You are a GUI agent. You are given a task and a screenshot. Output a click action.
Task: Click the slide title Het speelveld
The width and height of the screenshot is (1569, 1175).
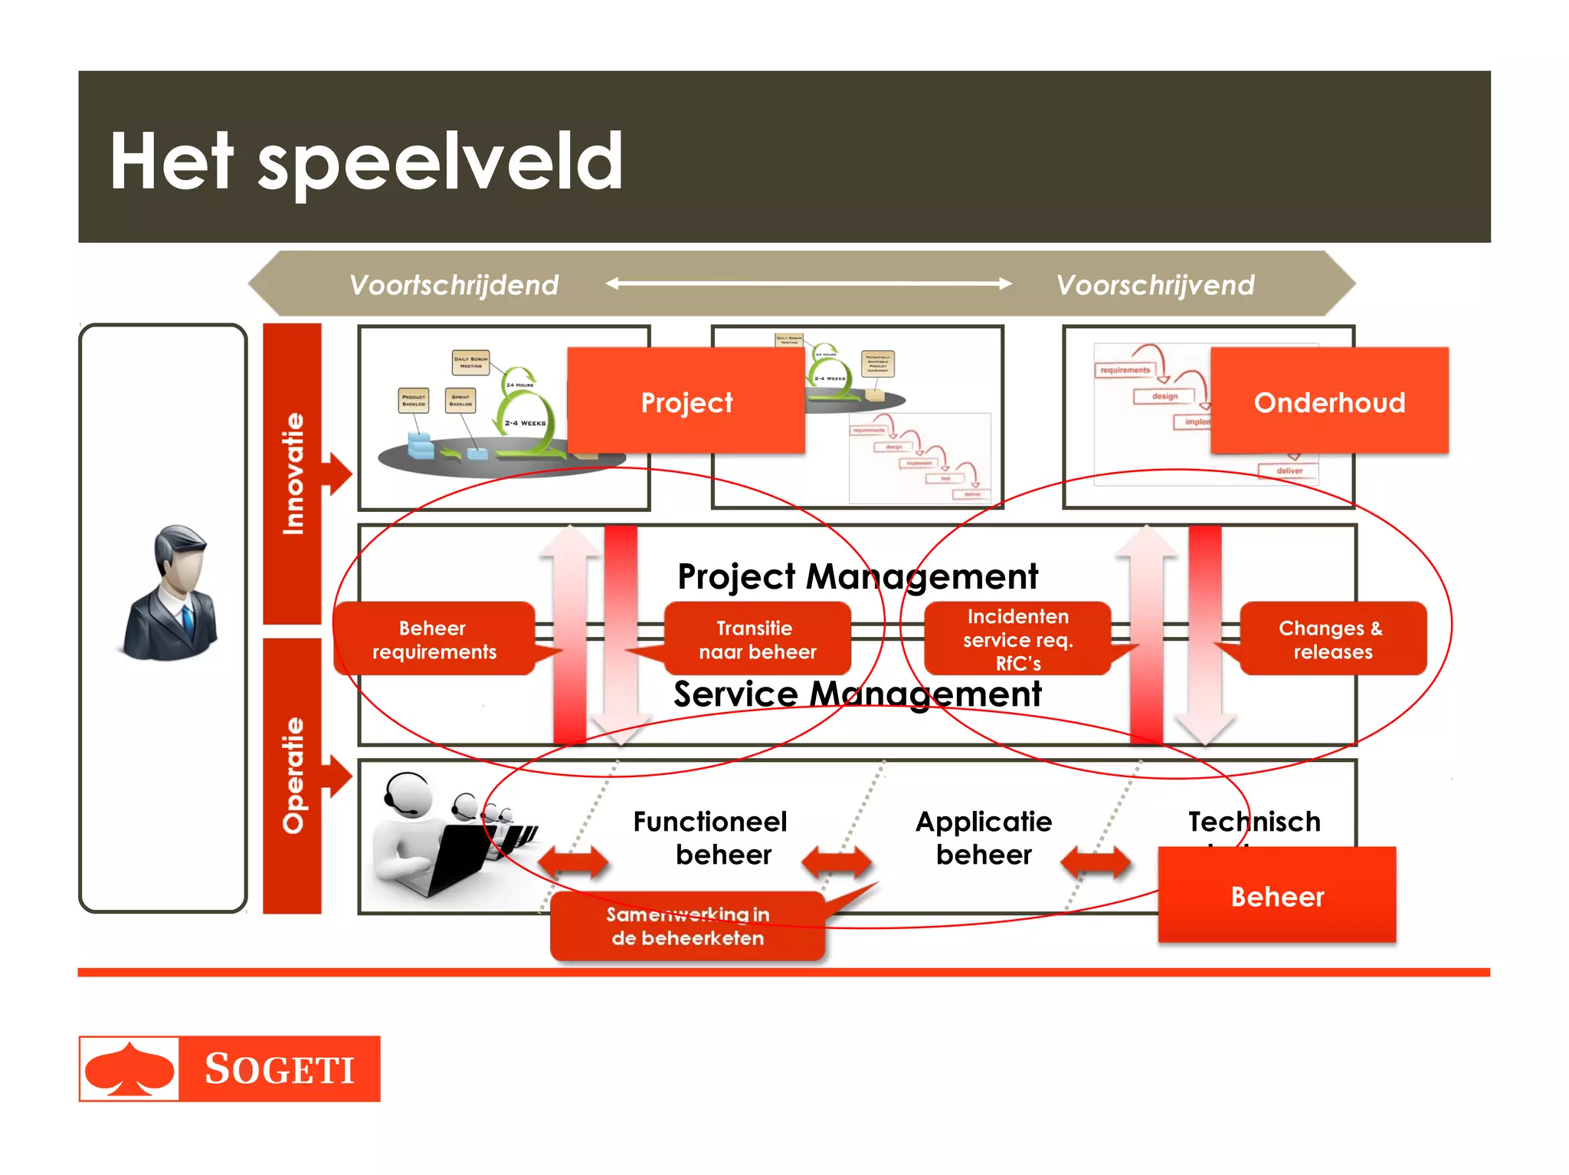[x=366, y=161]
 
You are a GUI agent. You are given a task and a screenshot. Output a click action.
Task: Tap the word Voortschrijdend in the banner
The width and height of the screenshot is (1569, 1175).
[x=454, y=285]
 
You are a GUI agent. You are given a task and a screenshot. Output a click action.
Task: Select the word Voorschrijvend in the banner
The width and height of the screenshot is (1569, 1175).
[x=1155, y=285]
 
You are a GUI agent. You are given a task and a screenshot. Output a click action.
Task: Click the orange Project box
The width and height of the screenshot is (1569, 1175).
[x=686, y=402]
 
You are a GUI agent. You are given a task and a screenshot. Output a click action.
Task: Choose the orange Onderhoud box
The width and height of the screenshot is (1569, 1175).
[x=1329, y=402]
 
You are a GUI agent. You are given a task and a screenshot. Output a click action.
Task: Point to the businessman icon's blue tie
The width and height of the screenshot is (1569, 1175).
[x=187, y=619]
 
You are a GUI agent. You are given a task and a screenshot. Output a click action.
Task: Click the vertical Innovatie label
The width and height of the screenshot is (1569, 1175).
[x=293, y=473]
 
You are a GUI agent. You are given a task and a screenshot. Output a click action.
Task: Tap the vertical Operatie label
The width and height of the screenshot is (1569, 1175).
[x=293, y=774]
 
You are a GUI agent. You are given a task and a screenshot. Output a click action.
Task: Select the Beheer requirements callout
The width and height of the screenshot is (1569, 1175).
[x=434, y=639]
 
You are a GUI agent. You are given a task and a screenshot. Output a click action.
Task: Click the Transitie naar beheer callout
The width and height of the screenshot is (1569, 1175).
[x=757, y=639]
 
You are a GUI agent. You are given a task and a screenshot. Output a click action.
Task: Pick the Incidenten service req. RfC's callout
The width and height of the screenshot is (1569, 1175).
[x=1017, y=639]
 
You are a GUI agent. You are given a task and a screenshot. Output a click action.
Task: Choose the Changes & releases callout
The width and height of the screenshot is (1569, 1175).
[x=1332, y=639]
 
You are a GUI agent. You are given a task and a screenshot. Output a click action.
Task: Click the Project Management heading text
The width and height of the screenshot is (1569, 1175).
[x=857, y=576]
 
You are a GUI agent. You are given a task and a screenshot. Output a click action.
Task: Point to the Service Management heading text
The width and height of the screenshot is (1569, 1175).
[x=857, y=694]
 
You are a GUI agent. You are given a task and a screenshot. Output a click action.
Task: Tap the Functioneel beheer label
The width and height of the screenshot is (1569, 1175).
[x=710, y=838]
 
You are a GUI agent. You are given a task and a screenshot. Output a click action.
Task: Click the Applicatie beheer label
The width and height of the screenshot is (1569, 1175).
[x=984, y=838]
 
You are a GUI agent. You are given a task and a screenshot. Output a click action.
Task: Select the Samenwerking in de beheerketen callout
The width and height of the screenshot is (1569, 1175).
[x=687, y=926]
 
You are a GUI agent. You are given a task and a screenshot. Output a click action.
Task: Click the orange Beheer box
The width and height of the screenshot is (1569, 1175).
[x=1276, y=895]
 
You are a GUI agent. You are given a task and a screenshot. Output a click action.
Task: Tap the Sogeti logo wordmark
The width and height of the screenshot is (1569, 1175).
[x=279, y=1069]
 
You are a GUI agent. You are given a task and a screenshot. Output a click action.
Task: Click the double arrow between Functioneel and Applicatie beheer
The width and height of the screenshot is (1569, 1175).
[x=837, y=862]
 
